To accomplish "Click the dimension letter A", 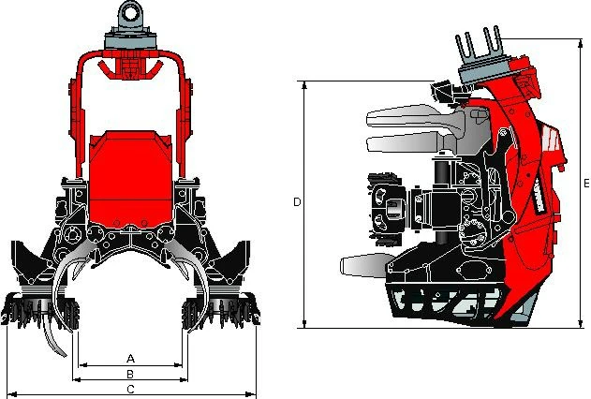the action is tap(130, 358).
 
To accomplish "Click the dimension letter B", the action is tap(130, 374).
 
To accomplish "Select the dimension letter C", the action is tap(130, 390).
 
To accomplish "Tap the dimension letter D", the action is tap(297, 202).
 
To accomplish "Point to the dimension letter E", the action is tap(586, 184).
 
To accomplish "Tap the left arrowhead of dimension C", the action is tap(12, 394).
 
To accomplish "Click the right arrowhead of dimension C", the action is tap(251, 394).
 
